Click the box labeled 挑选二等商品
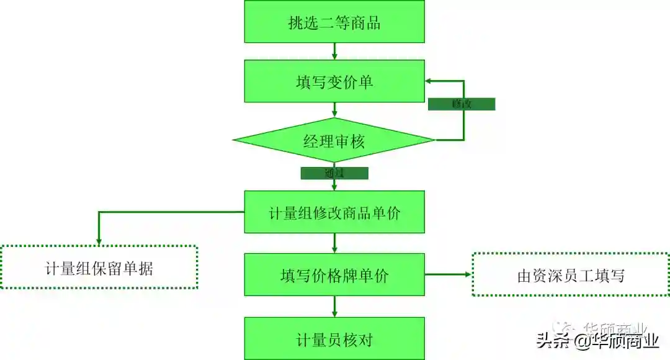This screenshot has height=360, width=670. point(334,22)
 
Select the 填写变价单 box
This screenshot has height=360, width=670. point(334,81)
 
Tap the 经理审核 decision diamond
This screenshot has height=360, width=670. point(334,141)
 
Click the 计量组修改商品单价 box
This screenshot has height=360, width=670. point(334,212)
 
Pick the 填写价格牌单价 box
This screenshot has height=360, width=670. point(334,274)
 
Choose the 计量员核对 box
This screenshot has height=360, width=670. point(334,339)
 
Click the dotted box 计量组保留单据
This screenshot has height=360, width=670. point(99,268)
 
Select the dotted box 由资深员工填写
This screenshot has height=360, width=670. point(571,274)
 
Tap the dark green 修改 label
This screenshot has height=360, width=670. point(462,104)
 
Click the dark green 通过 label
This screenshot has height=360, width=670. point(334,173)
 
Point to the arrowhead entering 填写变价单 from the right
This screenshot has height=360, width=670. point(429,81)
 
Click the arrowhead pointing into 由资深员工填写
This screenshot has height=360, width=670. point(468,274)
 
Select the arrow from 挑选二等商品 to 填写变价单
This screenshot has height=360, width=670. point(334,52)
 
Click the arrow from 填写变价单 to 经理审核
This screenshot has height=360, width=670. point(334,110)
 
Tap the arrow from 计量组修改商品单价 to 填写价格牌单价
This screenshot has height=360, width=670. point(334,243)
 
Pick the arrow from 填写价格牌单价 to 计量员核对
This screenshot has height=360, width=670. point(334,307)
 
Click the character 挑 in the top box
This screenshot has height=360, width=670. point(295,23)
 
